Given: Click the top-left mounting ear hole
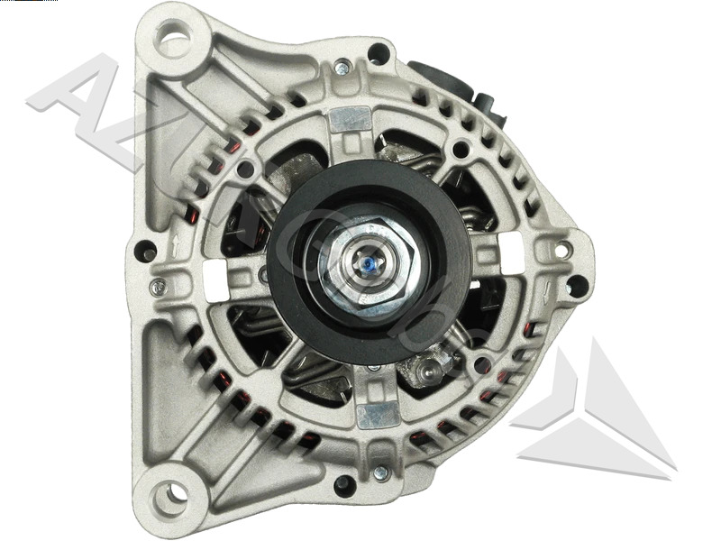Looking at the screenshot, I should pos(173,40).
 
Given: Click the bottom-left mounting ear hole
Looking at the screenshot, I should pos(169,494).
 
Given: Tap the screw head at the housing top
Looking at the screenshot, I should pos(342,68).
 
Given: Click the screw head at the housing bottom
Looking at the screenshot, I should pos(379,472).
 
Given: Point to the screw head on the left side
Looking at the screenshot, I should pos(159,288).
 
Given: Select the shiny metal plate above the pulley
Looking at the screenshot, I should pos(351,120).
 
